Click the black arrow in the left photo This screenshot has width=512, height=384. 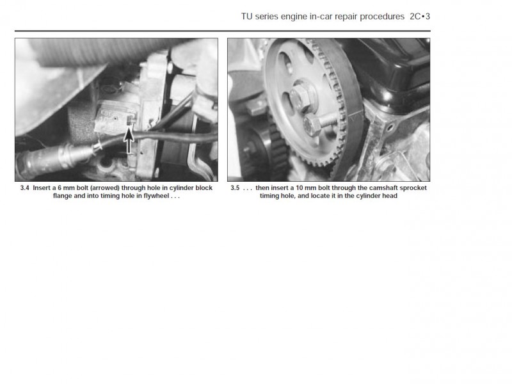[x=129, y=140]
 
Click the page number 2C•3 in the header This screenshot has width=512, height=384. [x=420, y=17]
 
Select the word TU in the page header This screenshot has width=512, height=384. [x=246, y=17]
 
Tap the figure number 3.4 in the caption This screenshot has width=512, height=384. [x=24, y=188]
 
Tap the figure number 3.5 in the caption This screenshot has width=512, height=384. [x=235, y=188]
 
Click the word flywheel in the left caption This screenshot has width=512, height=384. [x=156, y=196]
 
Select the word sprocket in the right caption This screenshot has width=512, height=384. [x=413, y=188]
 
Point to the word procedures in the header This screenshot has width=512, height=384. [x=382, y=17]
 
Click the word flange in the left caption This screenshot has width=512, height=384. [x=62, y=196]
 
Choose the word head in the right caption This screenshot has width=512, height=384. [x=390, y=196]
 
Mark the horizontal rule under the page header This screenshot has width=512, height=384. [x=222, y=31]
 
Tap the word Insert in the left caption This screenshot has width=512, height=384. [x=42, y=188]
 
